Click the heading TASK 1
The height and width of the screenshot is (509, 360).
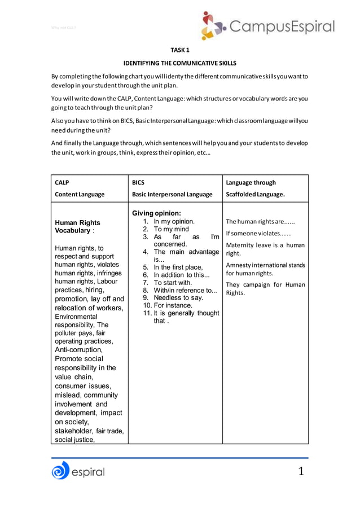(179, 50)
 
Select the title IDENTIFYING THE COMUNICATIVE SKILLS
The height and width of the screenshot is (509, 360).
(179, 63)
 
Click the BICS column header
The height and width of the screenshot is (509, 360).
(138, 183)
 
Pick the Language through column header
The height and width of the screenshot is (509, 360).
(251, 183)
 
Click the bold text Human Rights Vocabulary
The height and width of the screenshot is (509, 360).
(77, 227)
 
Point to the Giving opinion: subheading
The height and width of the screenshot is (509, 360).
(156, 213)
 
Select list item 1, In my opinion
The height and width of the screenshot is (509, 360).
(174, 221)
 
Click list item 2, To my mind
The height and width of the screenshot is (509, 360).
(171, 229)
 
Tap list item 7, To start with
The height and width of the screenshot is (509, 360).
(173, 282)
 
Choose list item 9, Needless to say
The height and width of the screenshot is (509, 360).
(177, 297)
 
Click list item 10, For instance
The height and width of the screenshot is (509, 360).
(172, 305)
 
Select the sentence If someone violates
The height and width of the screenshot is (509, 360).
(258, 233)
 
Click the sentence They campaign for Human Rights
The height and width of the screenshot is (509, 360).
(265, 288)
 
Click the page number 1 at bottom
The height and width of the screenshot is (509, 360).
(301, 471)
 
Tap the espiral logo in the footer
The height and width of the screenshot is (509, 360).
(78, 471)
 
